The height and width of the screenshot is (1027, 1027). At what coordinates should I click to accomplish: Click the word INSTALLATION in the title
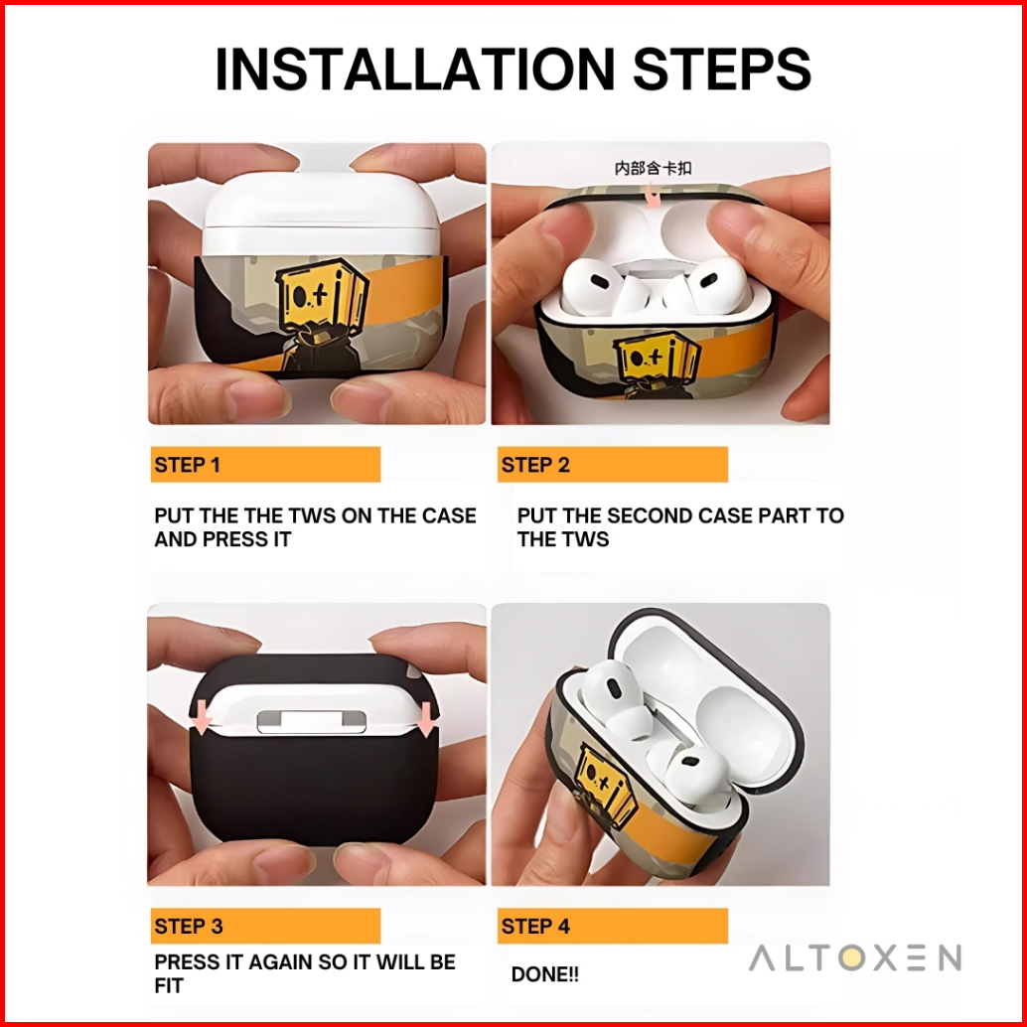pyautogui.click(x=414, y=69)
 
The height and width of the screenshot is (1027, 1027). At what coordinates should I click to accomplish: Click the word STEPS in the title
pyautogui.click(x=722, y=69)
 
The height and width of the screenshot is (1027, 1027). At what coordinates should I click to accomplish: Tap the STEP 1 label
pyautogui.click(x=188, y=465)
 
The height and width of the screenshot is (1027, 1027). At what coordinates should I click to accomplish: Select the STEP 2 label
pyautogui.click(x=535, y=465)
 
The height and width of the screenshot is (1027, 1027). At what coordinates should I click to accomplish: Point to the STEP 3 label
pyautogui.click(x=189, y=926)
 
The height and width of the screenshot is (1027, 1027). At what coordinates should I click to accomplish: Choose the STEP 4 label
pyautogui.click(x=535, y=926)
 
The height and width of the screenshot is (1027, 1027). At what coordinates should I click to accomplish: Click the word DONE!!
pyautogui.click(x=545, y=974)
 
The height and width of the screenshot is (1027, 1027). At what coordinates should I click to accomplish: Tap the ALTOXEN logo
pyautogui.click(x=855, y=958)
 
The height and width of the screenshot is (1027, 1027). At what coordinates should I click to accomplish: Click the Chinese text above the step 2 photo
pyautogui.click(x=653, y=168)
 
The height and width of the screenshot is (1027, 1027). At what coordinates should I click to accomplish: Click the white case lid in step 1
pyautogui.click(x=320, y=214)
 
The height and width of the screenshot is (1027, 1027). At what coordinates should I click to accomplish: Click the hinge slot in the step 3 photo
pyautogui.click(x=311, y=722)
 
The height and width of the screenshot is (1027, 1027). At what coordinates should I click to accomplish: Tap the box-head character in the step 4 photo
pyautogui.click(x=606, y=785)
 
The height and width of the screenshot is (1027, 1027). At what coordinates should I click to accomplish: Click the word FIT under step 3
pyautogui.click(x=168, y=985)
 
